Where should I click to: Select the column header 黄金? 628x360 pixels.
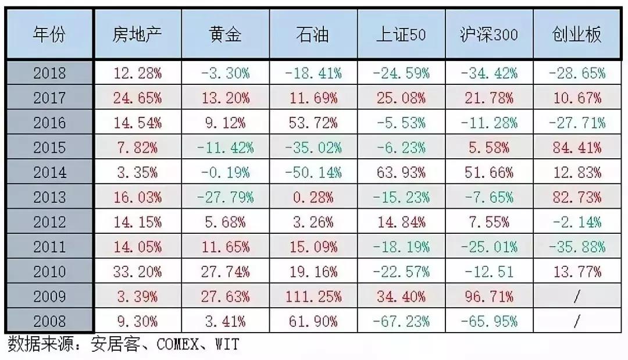point(225,35)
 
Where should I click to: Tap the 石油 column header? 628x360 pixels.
point(312,35)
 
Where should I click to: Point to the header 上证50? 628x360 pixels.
point(401,35)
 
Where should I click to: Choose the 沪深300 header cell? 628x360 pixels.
point(488,35)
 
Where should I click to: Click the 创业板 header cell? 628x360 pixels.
point(577,35)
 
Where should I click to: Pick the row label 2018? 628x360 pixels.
point(49,73)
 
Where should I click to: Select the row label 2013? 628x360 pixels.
point(49,197)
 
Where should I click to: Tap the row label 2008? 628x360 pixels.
point(49,321)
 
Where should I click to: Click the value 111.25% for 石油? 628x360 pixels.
point(313,297)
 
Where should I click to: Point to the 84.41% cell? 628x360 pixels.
point(577,148)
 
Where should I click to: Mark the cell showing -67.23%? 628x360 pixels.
point(401,321)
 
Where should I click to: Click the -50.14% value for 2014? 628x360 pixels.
point(313,173)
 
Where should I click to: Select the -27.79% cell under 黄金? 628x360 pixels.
point(225,197)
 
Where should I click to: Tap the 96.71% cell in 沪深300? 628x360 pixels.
point(488,297)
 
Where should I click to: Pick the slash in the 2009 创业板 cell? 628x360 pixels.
point(577,297)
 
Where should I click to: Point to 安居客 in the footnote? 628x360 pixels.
point(115,345)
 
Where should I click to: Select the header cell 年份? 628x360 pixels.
point(49,35)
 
